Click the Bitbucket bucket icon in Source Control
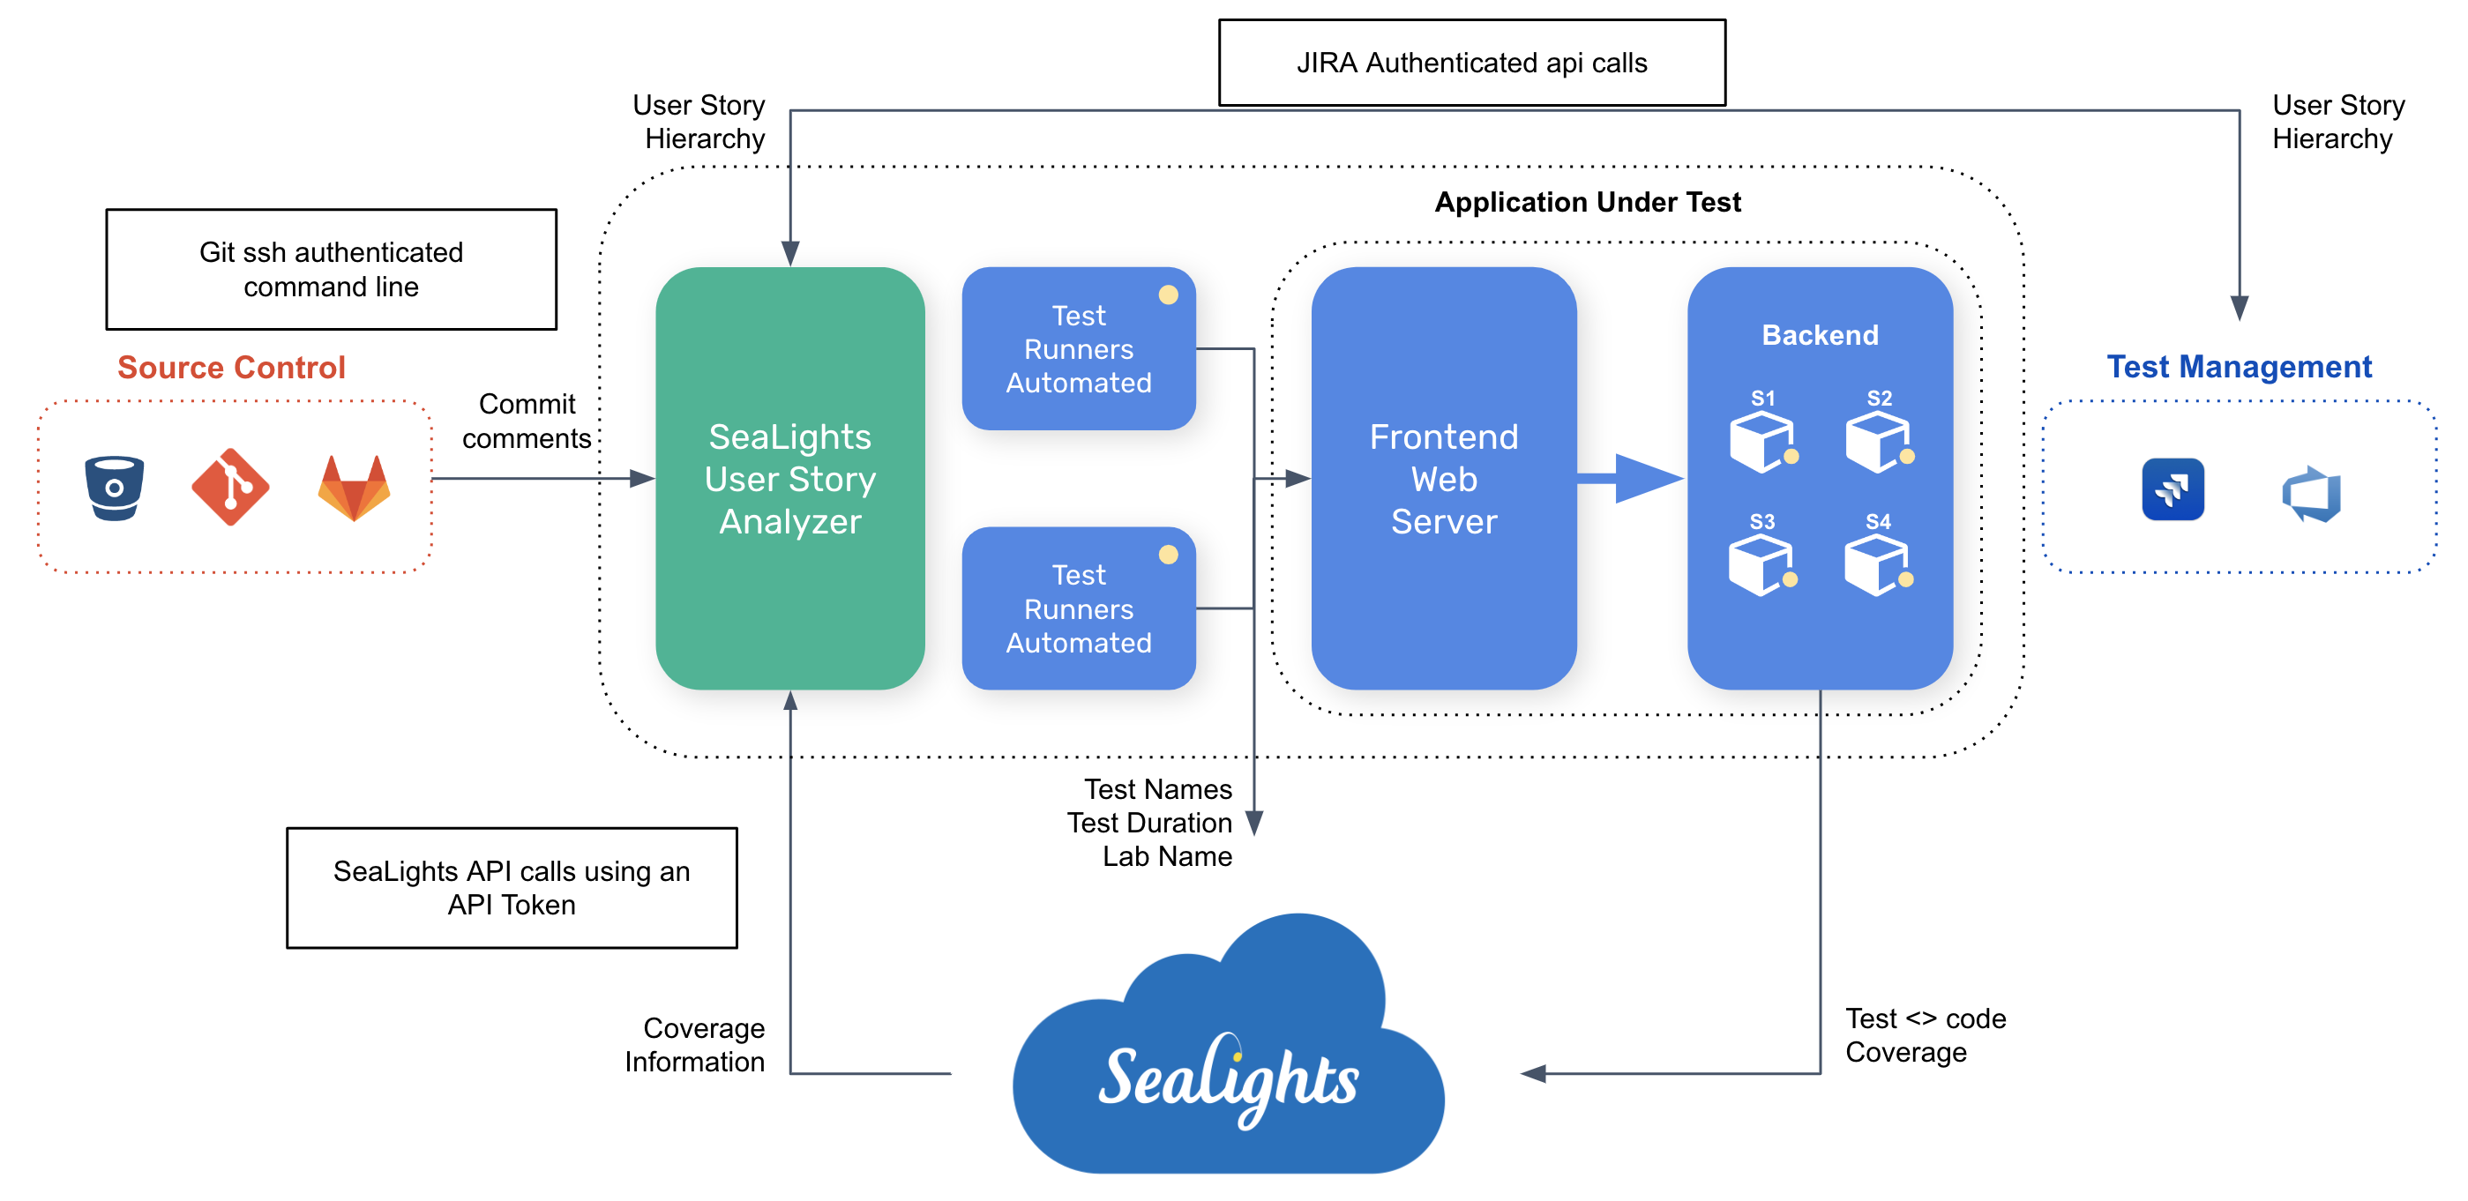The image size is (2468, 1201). tap(114, 488)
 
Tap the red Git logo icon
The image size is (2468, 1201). tap(230, 487)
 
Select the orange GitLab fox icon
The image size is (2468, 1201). tap(354, 488)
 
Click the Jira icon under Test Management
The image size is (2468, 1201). tap(2172, 489)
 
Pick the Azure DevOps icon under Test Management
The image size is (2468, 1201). tap(2311, 493)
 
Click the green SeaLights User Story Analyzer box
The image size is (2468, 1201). tap(789, 479)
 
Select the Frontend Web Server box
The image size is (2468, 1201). tap(1443, 479)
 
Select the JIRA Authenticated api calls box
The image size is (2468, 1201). tap(1471, 63)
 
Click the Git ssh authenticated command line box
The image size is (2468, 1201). tap(331, 269)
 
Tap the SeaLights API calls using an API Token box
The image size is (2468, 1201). tap(512, 888)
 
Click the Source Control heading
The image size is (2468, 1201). tap(231, 367)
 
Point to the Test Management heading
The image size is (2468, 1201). tap(2238, 367)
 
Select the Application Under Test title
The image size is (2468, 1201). tap(1587, 202)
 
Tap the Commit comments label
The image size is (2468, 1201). tap(526, 421)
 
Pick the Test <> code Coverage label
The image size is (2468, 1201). tap(1924, 1035)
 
